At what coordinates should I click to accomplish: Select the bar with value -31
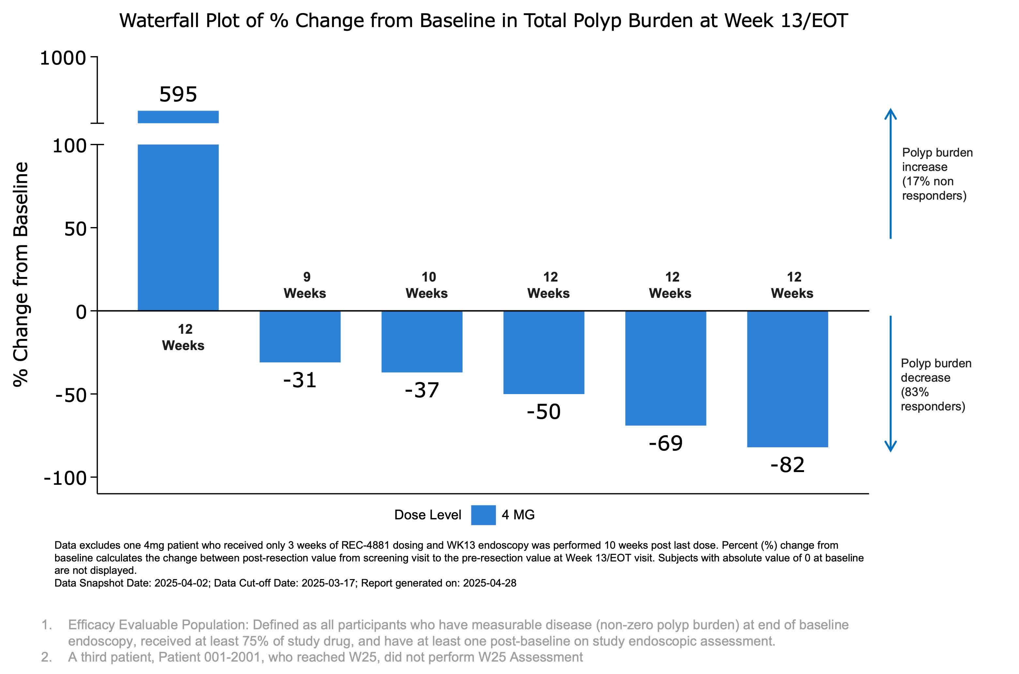tap(300, 336)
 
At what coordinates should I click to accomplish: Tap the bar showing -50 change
tap(544, 352)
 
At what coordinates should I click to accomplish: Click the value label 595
tap(178, 94)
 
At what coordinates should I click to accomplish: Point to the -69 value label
tap(665, 443)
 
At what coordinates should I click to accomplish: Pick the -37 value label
tap(422, 390)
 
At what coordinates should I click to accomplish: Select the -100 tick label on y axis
tap(65, 478)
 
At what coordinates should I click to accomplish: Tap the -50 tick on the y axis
tap(71, 395)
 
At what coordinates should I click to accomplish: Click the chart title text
tap(483, 20)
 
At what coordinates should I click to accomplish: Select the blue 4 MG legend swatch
tap(483, 514)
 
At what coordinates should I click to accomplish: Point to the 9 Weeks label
tap(305, 285)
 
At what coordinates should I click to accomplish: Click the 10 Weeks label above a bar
tap(427, 285)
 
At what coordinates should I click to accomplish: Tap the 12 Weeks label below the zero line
tap(184, 337)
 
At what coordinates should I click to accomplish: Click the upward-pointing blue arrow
tap(890, 172)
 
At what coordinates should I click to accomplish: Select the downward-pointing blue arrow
tap(890, 383)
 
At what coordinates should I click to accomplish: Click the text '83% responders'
tap(933, 399)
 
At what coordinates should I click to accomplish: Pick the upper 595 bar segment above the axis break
tap(178, 117)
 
